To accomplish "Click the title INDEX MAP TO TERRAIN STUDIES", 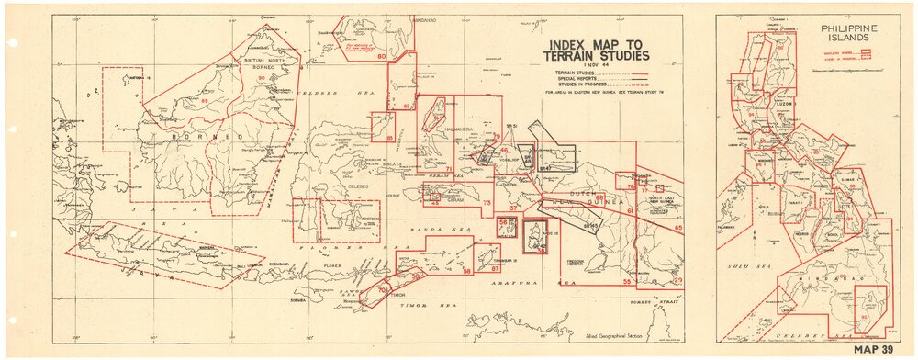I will [601, 51].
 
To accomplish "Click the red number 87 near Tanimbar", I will [495, 268].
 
